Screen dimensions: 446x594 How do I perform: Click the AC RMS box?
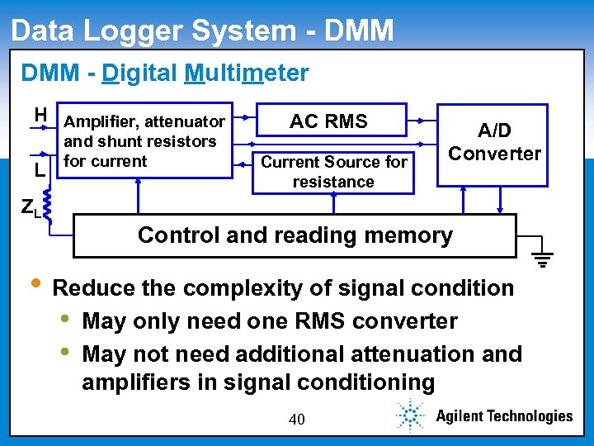click(328, 121)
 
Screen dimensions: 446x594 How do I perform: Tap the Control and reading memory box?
click(295, 235)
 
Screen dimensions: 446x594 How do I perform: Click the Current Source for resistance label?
click(334, 172)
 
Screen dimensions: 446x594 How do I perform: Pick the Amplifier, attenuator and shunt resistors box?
click(145, 141)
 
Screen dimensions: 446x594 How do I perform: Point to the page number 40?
click(296, 420)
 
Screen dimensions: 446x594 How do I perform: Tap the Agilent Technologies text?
click(504, 416)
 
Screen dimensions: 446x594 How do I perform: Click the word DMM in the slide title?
click(360, 31)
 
